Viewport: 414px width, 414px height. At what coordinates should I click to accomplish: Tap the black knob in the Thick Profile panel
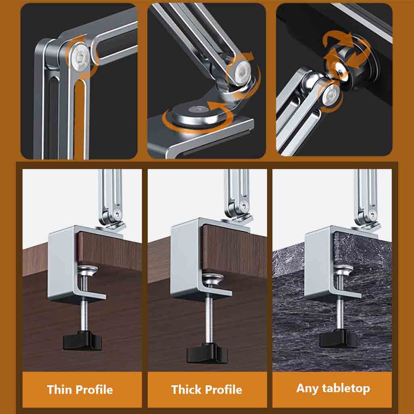(x=207, y=353)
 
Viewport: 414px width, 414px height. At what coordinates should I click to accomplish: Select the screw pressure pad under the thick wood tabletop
(x=212, y=278)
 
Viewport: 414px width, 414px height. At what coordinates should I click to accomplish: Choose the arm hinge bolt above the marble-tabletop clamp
(x=372, y=214)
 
